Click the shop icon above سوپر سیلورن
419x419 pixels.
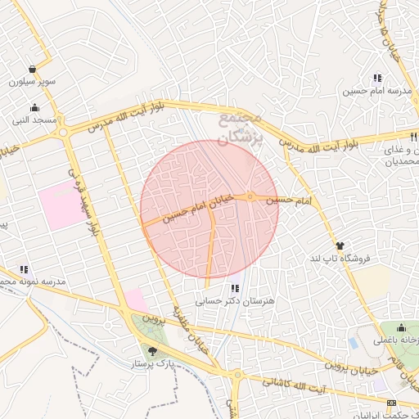(32, 69)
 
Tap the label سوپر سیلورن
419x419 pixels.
(32, 82)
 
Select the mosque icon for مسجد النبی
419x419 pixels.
(34, 107)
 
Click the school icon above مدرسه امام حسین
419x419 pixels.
(376, 78)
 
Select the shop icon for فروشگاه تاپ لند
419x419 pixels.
(340, 246)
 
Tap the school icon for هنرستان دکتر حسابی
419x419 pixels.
(236, 288)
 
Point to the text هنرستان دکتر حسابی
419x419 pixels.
(236, 301)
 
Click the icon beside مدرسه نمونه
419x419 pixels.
(25, 268)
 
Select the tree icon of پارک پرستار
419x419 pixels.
(151, 350)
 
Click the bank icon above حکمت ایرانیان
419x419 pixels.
(391, 402)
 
